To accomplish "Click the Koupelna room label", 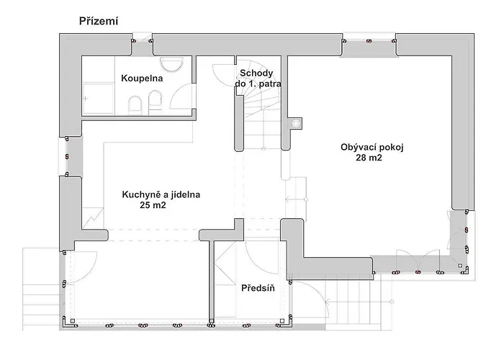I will [142, 78].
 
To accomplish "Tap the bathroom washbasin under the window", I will [171, 66].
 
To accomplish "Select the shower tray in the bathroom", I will [97, 99].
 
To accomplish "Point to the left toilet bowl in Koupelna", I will [135, 107].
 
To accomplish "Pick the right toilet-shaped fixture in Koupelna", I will [153, 107].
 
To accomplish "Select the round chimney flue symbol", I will [295, 123].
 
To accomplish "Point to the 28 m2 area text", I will [368, 159].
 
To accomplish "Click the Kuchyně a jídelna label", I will [161, 194].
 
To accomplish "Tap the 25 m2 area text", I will [155, 205].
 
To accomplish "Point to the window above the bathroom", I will [141, 41].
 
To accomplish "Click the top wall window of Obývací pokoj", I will [368, 41].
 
